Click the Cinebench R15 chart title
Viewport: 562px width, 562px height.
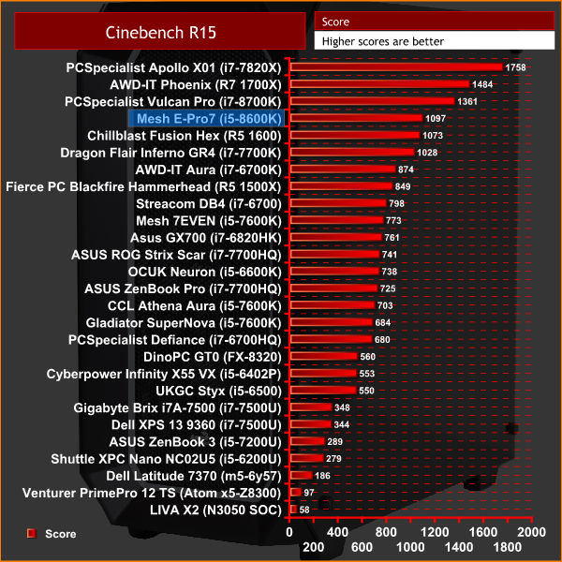(x=155, y=33)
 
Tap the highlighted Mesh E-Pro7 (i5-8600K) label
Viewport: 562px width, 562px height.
(x=207, y=119)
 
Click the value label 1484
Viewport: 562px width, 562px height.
(x=486, y=84)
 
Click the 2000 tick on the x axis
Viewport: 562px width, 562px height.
(x=531, y=530)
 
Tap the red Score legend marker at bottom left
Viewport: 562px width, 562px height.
(x=31, y=533)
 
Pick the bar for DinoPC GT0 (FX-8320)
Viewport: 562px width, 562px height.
(x=323, y=356)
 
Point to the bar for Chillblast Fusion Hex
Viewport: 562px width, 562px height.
(x=354, y=135)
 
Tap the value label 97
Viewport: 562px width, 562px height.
(x=310, y=492)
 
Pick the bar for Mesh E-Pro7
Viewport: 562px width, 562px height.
(x=355, y=118)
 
